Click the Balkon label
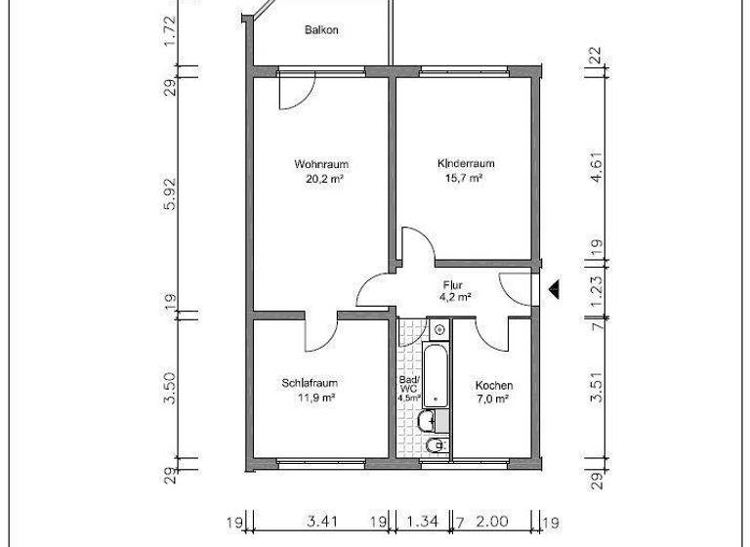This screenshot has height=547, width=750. (321, 29)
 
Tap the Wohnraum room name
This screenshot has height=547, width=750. (321, 164)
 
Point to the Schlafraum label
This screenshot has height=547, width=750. (310, 384)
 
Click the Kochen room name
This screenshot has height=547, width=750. (493, 385)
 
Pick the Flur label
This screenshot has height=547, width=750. (451, 285)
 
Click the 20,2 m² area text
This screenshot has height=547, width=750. (321, 179)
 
